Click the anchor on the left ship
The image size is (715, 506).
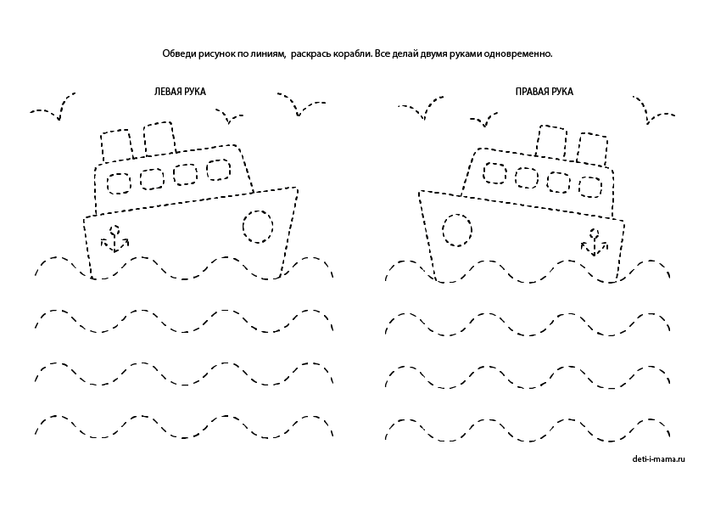(x=114, y=239)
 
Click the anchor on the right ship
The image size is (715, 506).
(x=595, y=242)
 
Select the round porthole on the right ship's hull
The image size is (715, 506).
(x=457, y=228)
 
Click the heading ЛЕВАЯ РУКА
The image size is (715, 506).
(x=180, y=91)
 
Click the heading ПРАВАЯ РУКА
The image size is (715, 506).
(x=544, y=91)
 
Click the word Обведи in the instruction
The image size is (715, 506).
(x=178, y=53)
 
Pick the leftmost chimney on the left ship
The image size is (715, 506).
(x=116, y=145)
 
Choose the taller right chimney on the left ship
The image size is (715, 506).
(x=159, y=140)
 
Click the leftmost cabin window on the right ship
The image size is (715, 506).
(x=494, y=173)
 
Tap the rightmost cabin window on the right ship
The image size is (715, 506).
(x=589, y=185)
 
